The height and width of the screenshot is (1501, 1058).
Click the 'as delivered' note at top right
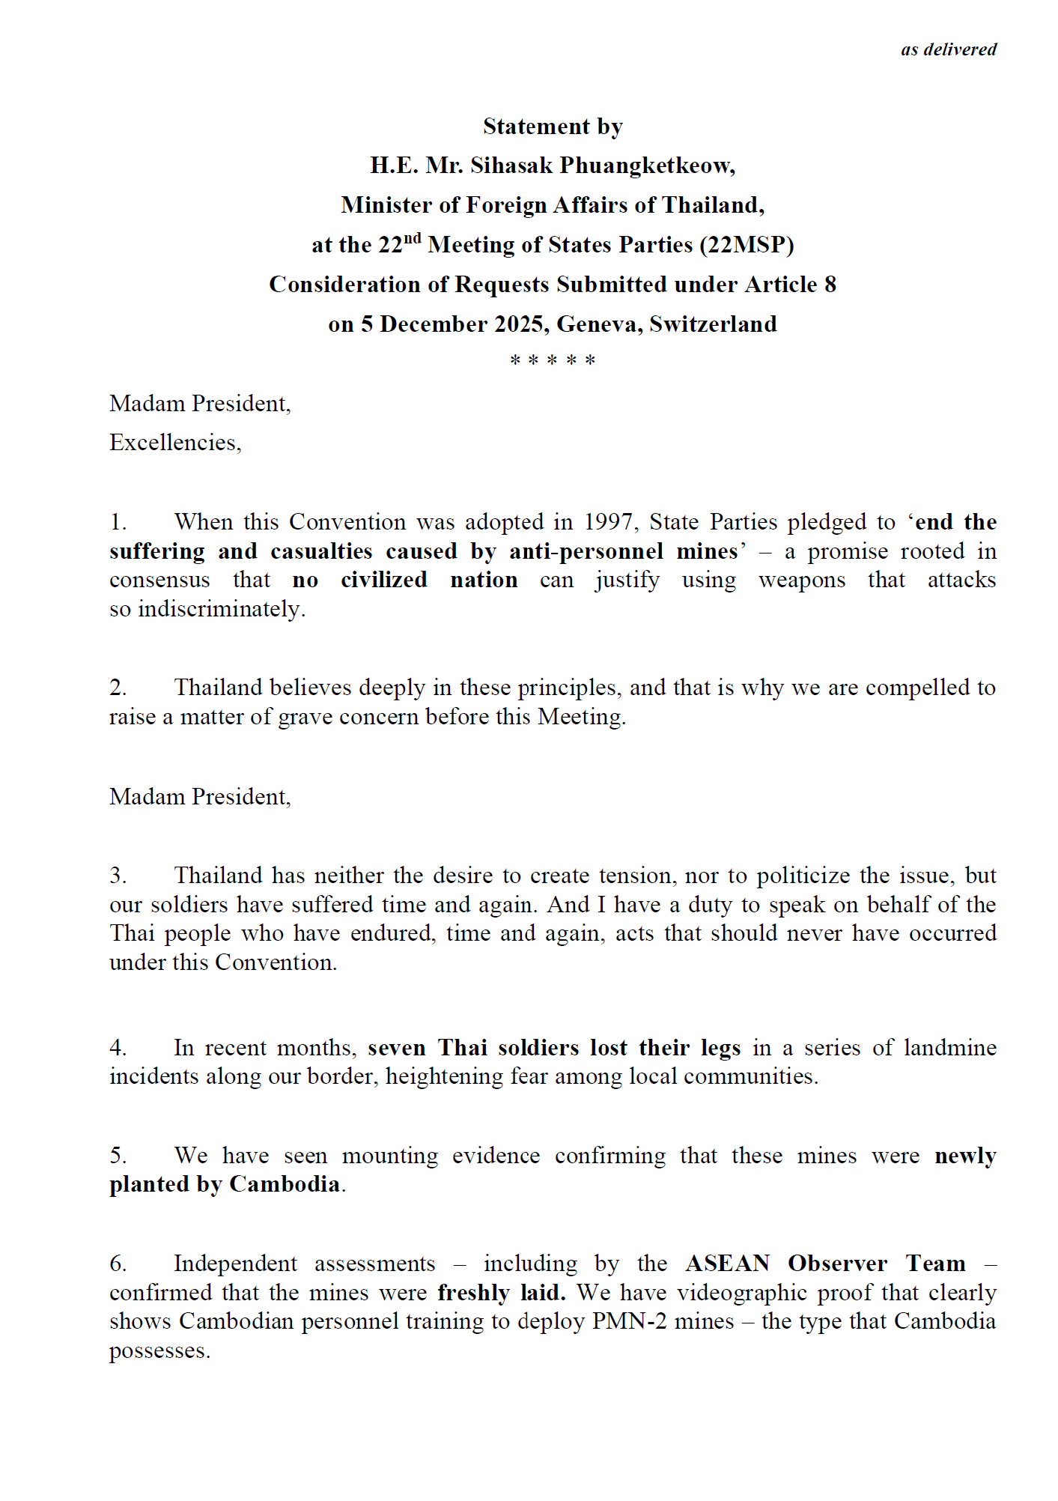pos(948,49)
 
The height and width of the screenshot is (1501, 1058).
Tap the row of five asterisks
pos(553,360)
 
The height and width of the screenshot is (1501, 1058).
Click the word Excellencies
pos(174,443)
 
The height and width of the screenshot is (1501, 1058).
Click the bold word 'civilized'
pos(384,580)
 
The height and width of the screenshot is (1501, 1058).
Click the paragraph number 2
pos(118,688)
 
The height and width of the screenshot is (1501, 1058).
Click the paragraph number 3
pos(118,876)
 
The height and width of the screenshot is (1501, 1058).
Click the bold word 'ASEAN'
pos(727,1264)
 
